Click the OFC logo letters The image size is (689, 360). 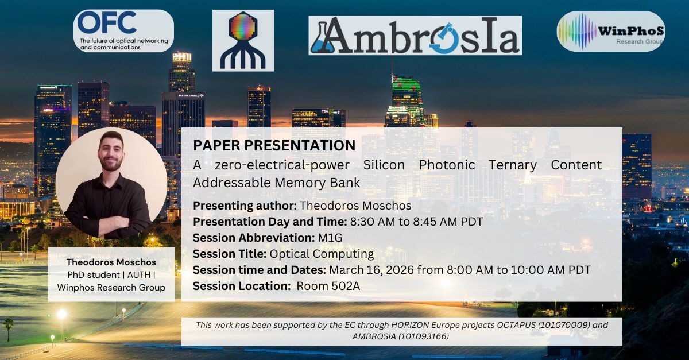click(107, 22)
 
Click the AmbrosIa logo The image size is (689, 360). click(415, 36)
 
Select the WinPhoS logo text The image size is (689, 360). click(630, 31)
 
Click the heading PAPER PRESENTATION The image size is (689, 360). click(274, 145)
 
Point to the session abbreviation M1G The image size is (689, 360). click(330, 238)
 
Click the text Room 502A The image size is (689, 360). click(328, 286)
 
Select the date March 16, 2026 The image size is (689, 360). click(371, 270)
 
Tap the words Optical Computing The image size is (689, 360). click(322, 254)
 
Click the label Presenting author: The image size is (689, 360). click(245, 206)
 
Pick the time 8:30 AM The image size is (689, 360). click(373, 222)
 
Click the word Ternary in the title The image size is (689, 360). click(513, 165)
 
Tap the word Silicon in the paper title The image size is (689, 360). click(384, 165)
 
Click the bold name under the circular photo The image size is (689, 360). click(111, 262)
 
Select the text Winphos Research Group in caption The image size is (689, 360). click(111, 288)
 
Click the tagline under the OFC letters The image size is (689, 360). click(123, 44)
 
